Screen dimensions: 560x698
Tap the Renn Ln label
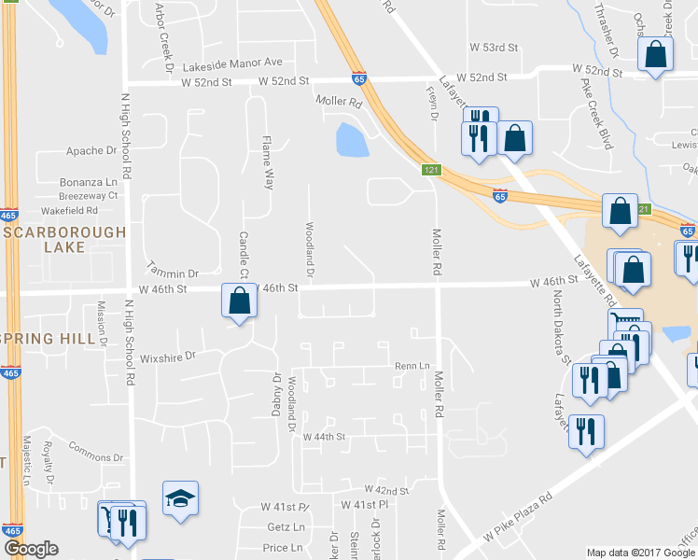point(412,366)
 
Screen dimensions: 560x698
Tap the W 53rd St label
point(493,47)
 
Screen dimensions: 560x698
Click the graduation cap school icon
point(180,498)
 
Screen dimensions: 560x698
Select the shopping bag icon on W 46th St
point(239,301)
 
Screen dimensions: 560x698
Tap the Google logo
point(31,549)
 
